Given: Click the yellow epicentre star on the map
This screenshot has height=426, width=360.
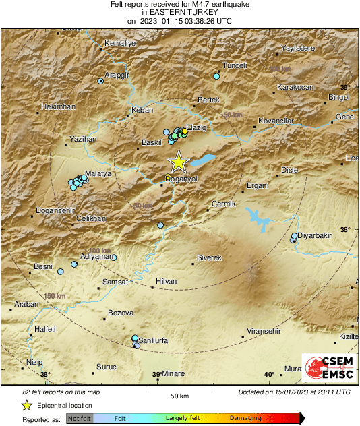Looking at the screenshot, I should click(178, 162).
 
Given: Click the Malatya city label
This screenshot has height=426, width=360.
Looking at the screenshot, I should click(98, 173).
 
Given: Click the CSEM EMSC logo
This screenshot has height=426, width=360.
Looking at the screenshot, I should click(326, 369).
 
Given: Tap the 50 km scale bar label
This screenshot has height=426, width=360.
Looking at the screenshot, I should click(179, 396).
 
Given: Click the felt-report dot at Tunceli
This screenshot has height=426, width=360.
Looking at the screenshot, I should click(216, 76).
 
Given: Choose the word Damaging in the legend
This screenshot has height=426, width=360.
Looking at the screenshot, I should click(245, 418).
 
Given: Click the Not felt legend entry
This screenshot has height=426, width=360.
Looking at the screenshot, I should click(80, 418).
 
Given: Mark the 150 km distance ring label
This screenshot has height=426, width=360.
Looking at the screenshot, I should click(55, 296).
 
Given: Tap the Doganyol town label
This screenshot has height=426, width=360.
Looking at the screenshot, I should click(183, 179).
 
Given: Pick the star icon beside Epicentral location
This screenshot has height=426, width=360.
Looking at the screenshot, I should click(26, 406).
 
